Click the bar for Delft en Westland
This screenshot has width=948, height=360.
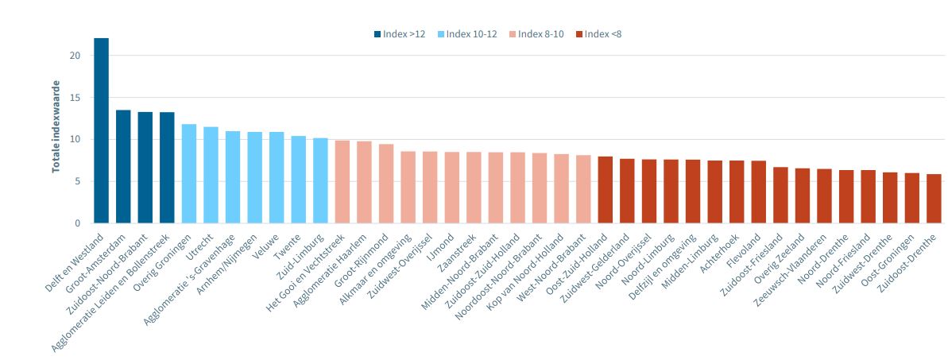pyautogui.click(x=101, y=130)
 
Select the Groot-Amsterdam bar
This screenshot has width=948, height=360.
pyautogui.click(x=123, y=167)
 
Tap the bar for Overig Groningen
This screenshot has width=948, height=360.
pyautogui.click(x=189, y=173)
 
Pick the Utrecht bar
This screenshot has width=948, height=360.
pyautogui.click(x=211, y=175)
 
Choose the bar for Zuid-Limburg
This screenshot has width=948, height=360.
pyautogui.click(x=320, y=180)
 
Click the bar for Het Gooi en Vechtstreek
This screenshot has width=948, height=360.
pyautogui.click(x=342, y=182)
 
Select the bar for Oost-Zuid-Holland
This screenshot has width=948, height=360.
pyautogui.click(x=606, y=190)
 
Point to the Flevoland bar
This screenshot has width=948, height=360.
pyautogui.click(x=759, y=192)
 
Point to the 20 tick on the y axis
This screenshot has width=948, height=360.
pyautogui.click(x=75, y=56)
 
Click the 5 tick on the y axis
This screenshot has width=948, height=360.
pyautogui.click(x=77, y=181)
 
